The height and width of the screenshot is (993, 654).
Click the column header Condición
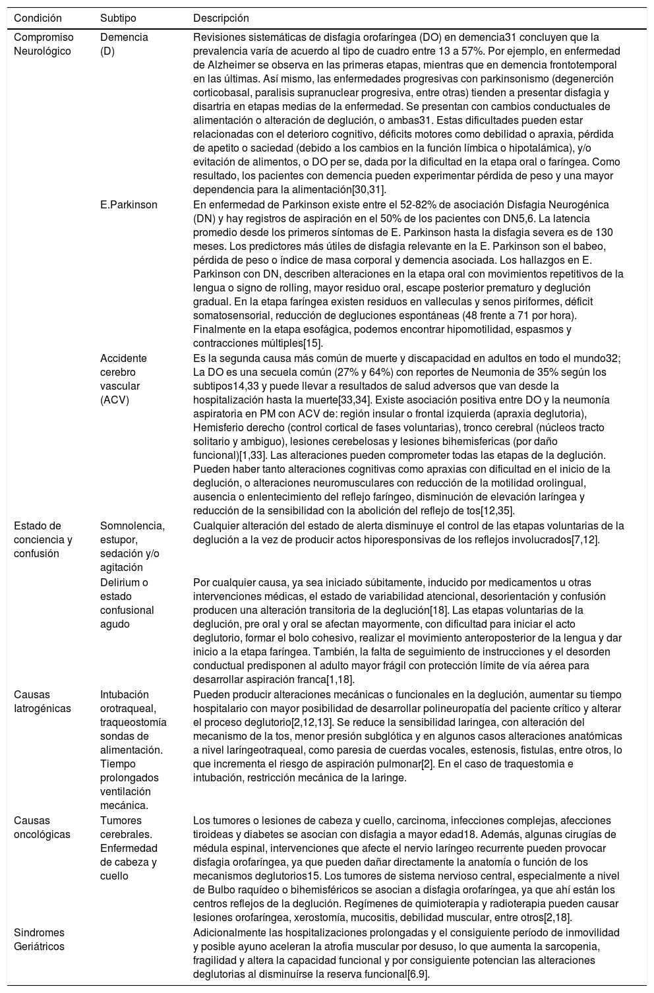38,18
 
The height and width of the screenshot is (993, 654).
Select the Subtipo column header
118,18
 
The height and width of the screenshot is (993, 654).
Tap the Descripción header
221,18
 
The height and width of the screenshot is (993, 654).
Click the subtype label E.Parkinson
129,204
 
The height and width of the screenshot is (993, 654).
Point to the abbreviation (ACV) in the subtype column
115,400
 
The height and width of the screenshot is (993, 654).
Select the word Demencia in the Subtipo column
124,38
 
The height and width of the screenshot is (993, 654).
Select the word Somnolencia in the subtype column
132,526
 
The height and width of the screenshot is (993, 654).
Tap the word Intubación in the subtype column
125,694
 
